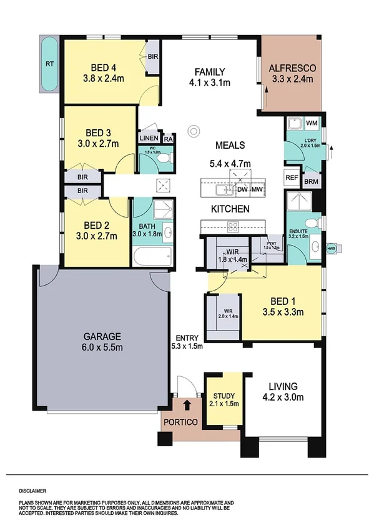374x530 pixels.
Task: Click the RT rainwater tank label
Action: pos(49,64)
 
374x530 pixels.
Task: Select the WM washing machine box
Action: pos(312,122)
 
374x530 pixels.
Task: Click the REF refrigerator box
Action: pos(292,177)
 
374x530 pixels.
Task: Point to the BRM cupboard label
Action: pos(311,182)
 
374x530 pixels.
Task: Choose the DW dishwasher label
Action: pos(242,189)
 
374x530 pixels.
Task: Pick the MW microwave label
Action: pos(257,189)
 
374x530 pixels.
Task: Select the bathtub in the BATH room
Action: pos(152,256)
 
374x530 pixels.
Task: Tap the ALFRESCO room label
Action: pos(292,68)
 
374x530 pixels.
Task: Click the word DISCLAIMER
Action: pos(32,491)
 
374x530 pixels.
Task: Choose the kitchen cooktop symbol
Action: pos(234,226)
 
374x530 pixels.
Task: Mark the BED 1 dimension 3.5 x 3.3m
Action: pos(282,312)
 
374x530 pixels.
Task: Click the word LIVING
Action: pos(282,386)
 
